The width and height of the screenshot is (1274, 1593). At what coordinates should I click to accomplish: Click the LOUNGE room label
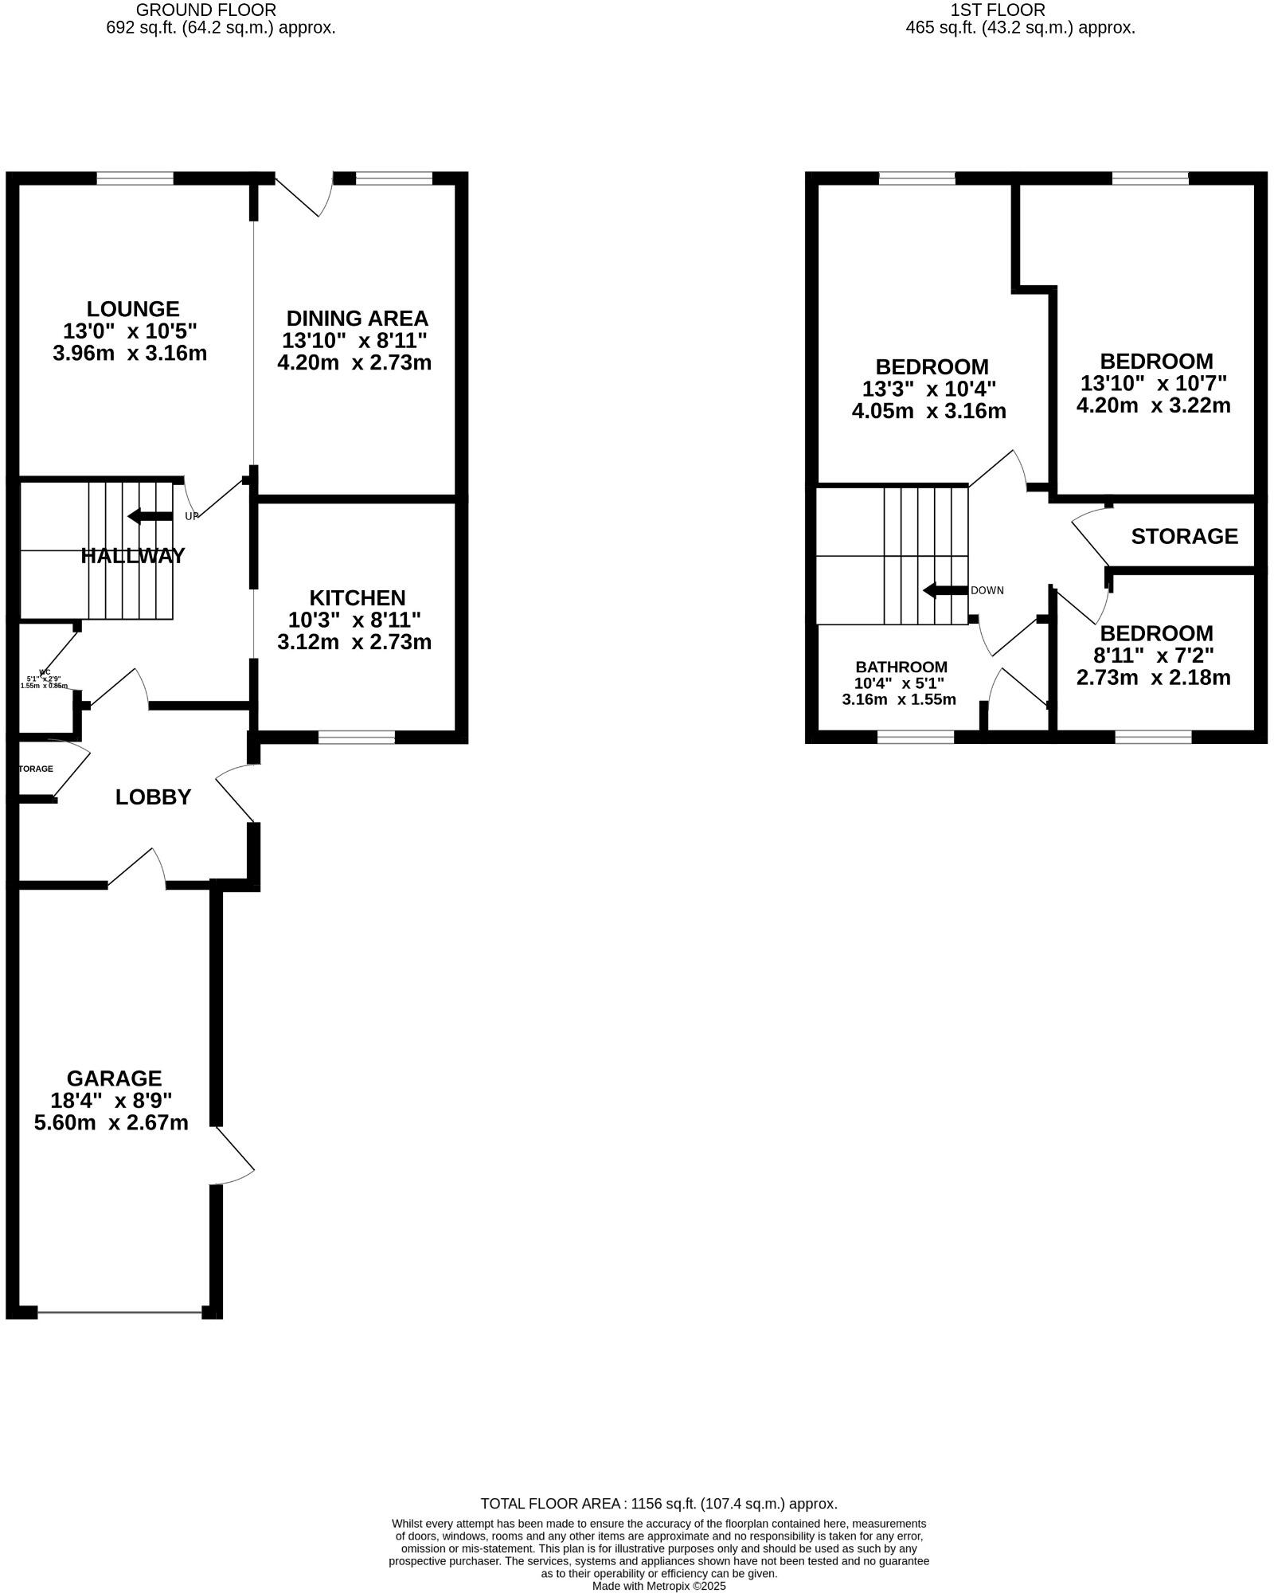pos(133,308)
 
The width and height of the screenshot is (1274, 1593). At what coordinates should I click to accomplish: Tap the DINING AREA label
pos(357,319)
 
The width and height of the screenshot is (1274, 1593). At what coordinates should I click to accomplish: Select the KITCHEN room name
pos(357,597)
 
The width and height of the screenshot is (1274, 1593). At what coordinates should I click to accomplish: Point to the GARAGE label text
pos(114,1078)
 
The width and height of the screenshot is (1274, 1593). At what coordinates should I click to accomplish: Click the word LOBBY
pos(153,796)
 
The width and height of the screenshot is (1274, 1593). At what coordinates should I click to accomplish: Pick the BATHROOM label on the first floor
pos(901,667)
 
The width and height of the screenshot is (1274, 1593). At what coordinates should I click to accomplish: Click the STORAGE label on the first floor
pos(1184,536)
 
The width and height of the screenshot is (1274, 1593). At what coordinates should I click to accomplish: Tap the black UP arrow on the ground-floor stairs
pos(149,516)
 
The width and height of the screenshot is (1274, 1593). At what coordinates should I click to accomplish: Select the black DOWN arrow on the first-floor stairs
pos(944,590)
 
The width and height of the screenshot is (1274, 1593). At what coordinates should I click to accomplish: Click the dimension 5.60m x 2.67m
pos(111,1122)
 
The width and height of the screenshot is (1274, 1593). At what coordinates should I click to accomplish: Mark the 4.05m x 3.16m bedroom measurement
pos(928,411)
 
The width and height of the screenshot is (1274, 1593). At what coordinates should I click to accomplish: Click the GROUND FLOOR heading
pos(206,10)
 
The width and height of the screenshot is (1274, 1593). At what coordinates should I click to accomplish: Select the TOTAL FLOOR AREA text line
pos(658,1503)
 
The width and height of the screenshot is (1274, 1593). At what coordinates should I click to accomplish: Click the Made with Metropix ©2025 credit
pos(658,1585)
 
